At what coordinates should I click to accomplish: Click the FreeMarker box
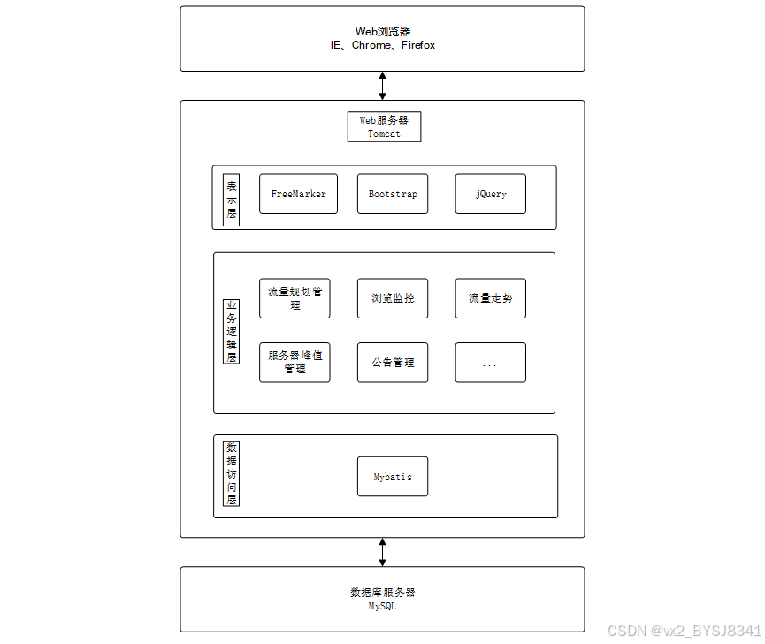pyautogui.click(x=298, y=194)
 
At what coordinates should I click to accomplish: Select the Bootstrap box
pyautogui.click(x=393, y=194)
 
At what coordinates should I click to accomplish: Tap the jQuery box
pyautogui.click(x=491, y=194)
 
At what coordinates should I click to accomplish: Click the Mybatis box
pyautogui.click(x=393, y=477)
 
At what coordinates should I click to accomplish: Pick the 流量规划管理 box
pyautogui.click(x=295, y=298)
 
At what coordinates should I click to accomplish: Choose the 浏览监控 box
pyautogui.click(x=393, y=298)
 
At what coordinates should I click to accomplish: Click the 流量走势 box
pyautogui.click(x=491, y=298)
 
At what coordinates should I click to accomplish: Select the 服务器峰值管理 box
pyautogui.click(x=295, y=362)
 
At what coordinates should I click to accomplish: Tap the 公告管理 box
pyautogui.click(x=393, y=362)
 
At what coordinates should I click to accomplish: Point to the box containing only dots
pyautogui.click(x=491, y=363)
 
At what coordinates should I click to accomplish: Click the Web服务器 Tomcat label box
pyautogui.click(x=384, y=126)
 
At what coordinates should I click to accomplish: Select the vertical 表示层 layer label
pyautogui.click(x=232, y=200)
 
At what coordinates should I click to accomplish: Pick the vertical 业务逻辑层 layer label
pyautogui.click(x=231, y=332)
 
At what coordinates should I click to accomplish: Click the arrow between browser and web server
pyautogui.click(x=382, y=86)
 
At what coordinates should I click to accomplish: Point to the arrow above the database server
pyautogui.click(x=382, y=552)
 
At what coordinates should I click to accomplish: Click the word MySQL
pyautogui.click(x=382, y=607)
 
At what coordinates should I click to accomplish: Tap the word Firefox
pyautogui.click(x=418, y=45)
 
